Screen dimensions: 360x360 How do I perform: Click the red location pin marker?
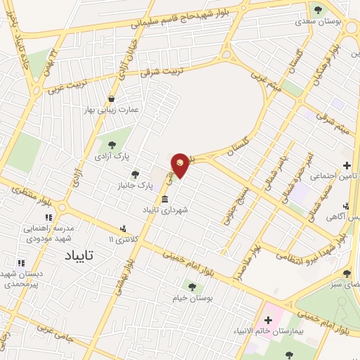pos(181,165)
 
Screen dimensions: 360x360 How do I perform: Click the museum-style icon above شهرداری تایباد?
pos(165,199)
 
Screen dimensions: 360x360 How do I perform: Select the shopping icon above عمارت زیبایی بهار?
pos(111,98)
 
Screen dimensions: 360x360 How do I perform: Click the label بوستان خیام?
pos(192,297)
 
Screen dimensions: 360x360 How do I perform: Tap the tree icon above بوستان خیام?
pos(191,286)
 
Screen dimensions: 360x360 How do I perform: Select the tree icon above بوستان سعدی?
pos(318,9)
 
